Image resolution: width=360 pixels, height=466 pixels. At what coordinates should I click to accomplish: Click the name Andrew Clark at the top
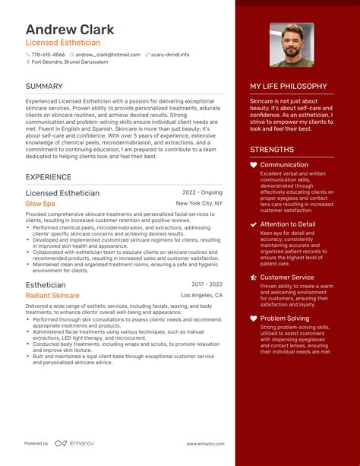point(70,30)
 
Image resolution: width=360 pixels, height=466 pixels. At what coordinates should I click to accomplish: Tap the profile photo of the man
point(291,44)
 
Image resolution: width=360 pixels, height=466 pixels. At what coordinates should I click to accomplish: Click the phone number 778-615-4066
point(49,55)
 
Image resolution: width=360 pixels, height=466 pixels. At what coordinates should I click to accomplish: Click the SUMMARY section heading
point(43,87)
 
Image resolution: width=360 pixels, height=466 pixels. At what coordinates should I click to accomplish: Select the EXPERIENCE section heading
point(48,177)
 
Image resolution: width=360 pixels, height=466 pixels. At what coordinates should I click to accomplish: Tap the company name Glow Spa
point(40,204)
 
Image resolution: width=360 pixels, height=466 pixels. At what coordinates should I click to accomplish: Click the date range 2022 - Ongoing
point(203,193)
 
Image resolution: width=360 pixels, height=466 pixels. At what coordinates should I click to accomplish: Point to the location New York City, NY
point(199,204)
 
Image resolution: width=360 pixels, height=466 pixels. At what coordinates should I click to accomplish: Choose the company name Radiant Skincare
point(52,295)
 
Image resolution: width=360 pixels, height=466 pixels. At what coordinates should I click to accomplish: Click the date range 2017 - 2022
point(207,284)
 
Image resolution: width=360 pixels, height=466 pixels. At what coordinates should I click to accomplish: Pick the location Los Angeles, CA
point(201,295)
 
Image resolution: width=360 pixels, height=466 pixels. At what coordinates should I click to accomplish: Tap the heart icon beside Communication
point(254,165)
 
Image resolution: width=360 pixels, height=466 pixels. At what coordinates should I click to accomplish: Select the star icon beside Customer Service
point(254,277)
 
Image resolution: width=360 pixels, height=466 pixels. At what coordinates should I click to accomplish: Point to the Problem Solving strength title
point(285,319)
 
